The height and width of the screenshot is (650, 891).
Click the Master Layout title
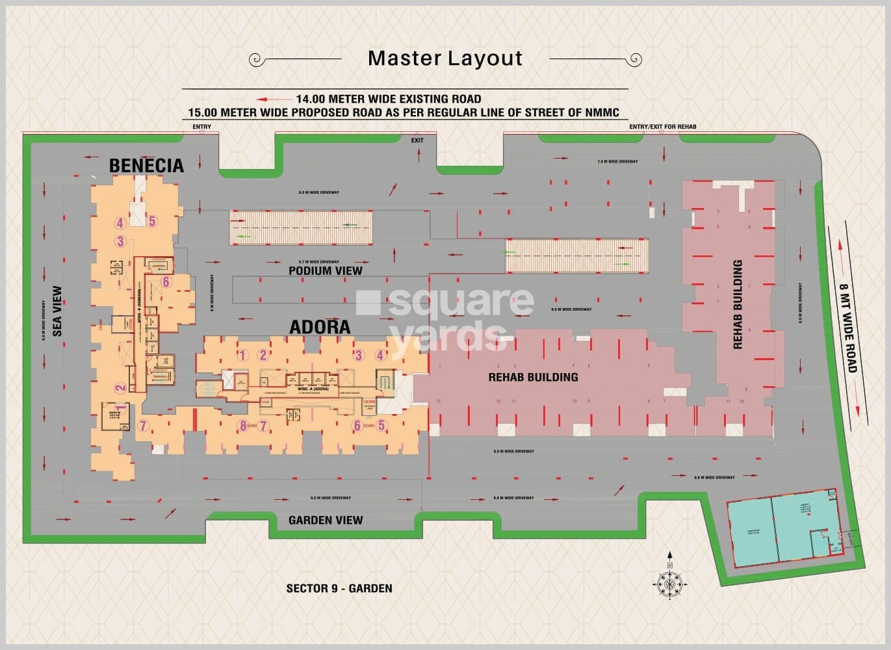click(x=445, y=58)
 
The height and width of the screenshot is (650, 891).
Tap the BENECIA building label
click(x=146, y=166)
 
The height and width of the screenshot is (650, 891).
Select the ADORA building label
click(x=320, y=326)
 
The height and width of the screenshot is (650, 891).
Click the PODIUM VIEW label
click(x=326, y=270)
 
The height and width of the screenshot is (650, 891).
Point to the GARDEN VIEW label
click(x=326, y=520)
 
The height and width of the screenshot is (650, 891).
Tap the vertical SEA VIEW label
click(x=57, y=311)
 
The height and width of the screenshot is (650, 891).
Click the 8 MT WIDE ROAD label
click(x=849, y=328)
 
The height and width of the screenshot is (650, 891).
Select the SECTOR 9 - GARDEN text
click(x=339, y=588)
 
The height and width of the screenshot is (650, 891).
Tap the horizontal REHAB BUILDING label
click(x=533, y=377)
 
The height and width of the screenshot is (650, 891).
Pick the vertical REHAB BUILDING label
click(x=738, y=304)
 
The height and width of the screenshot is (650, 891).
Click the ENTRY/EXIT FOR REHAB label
click(x=662, y=127)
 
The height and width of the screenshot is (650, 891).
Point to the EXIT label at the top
click(x=417, y=140)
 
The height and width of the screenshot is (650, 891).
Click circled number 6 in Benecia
click(x=166, y=281)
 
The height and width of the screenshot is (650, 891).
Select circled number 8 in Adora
click(x=243, y=426)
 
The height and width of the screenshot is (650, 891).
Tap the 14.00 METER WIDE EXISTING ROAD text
click(x=389, y=99)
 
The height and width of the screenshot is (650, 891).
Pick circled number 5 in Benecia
click(x=152, y=221)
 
